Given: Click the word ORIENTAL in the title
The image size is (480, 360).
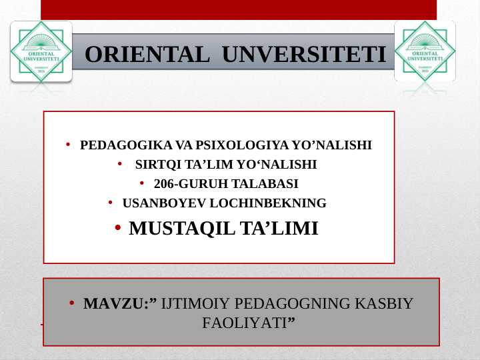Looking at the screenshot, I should click(x=147, y=54).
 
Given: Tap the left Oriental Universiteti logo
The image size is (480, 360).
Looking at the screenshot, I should click(x=41, y=51).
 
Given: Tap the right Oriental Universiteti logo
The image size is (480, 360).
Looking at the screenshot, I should click(x=425, y=51).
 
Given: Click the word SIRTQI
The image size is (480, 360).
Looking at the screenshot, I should click(x=157, y=165).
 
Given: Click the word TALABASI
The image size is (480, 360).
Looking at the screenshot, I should click(x=254, y=184).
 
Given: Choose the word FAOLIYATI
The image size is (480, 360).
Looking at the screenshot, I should click(x=245, y=323).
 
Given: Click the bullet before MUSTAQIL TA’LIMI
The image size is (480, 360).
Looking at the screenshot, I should click(x=117, y=229).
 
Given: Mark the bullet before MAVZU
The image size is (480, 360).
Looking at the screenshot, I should click(x=71, y=304).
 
